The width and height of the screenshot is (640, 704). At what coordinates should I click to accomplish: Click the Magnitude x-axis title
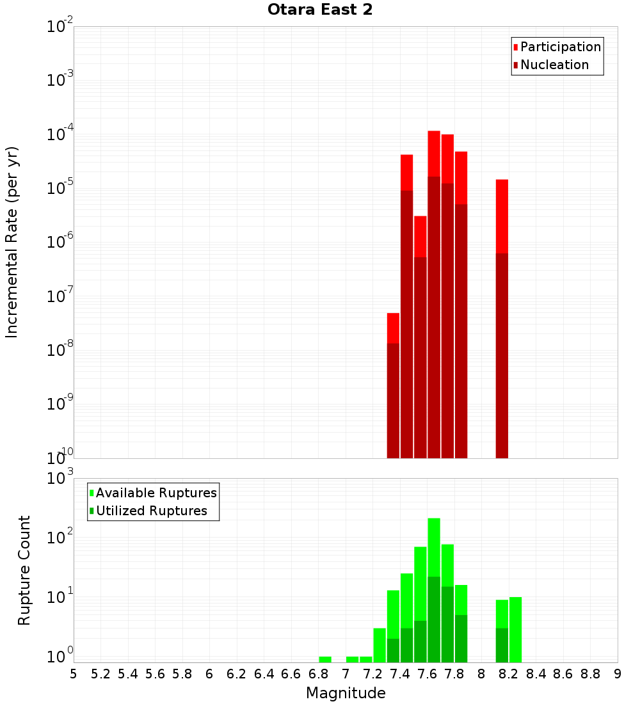coord(346,693)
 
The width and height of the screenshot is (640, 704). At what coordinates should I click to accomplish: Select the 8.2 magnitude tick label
coord(509,674)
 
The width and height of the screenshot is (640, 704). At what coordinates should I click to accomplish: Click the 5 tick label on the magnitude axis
coord(74,674)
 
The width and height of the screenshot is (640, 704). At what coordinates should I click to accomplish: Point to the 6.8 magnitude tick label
coord(318,674)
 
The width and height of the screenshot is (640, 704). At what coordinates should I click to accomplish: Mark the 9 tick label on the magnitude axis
coord(618,674)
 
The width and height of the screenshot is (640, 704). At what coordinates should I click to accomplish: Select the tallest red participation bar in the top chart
coord(434,154)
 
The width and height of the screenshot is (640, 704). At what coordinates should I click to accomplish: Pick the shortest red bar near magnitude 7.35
coord(393,328)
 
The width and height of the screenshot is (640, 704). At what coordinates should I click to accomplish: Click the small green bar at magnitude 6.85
coord(325,659)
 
